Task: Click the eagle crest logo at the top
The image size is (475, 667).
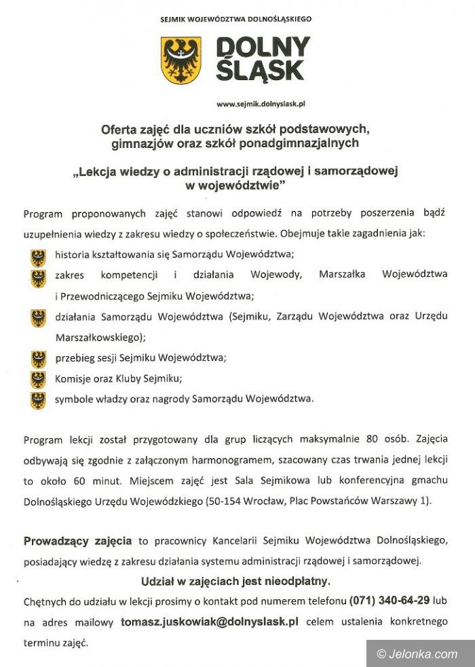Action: [x=180, y=60]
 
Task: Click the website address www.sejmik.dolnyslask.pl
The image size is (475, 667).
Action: [x=261, y=104]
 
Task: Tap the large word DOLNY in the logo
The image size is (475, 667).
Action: [x=263, y=48]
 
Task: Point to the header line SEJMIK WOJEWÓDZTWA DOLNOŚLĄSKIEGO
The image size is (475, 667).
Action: [x=237, y=19]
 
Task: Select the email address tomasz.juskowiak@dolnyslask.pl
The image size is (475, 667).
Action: [x=210, y=621]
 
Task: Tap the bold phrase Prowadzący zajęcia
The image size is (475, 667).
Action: [x=77, y=541]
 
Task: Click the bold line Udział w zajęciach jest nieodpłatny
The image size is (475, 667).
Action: [x=236, y=581]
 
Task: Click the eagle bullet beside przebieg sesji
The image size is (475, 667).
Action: [x=38, y=359]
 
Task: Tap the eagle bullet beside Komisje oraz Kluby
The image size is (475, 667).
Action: [x=38, y=379]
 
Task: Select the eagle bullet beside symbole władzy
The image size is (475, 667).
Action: [x=38, y=400]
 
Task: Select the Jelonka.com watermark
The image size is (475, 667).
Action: [x=417, y=653]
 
